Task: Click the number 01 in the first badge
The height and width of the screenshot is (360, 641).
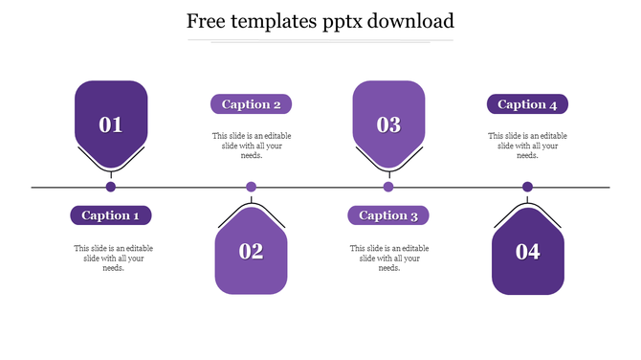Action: click(111, 124)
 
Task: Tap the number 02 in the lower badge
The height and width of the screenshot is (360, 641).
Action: click(251, 252)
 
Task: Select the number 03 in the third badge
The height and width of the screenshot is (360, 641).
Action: click(388, 124)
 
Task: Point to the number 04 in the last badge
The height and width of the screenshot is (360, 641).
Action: click(528, 252)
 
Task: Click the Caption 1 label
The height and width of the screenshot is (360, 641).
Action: click(111, 215)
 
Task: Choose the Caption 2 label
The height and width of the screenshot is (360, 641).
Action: click(251, 104)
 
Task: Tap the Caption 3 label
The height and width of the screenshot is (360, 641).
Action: click(388, 215)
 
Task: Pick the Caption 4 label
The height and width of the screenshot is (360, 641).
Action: click(527, 104)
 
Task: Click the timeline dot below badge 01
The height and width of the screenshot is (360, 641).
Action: click(111, 187)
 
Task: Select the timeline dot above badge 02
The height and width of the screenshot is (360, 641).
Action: click(252, 187)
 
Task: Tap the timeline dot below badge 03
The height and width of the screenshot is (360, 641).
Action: click(388, 187)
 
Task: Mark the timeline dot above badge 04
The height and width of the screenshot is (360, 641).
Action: click(527, 187)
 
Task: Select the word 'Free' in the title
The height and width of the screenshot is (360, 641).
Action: click(206, 20)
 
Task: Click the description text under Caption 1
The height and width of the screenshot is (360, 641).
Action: click(113, 258)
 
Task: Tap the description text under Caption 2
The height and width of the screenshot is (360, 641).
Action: click(252, 146)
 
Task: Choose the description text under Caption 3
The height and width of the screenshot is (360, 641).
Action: click(388, 258)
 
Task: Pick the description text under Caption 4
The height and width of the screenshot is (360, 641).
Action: click(527, 146)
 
